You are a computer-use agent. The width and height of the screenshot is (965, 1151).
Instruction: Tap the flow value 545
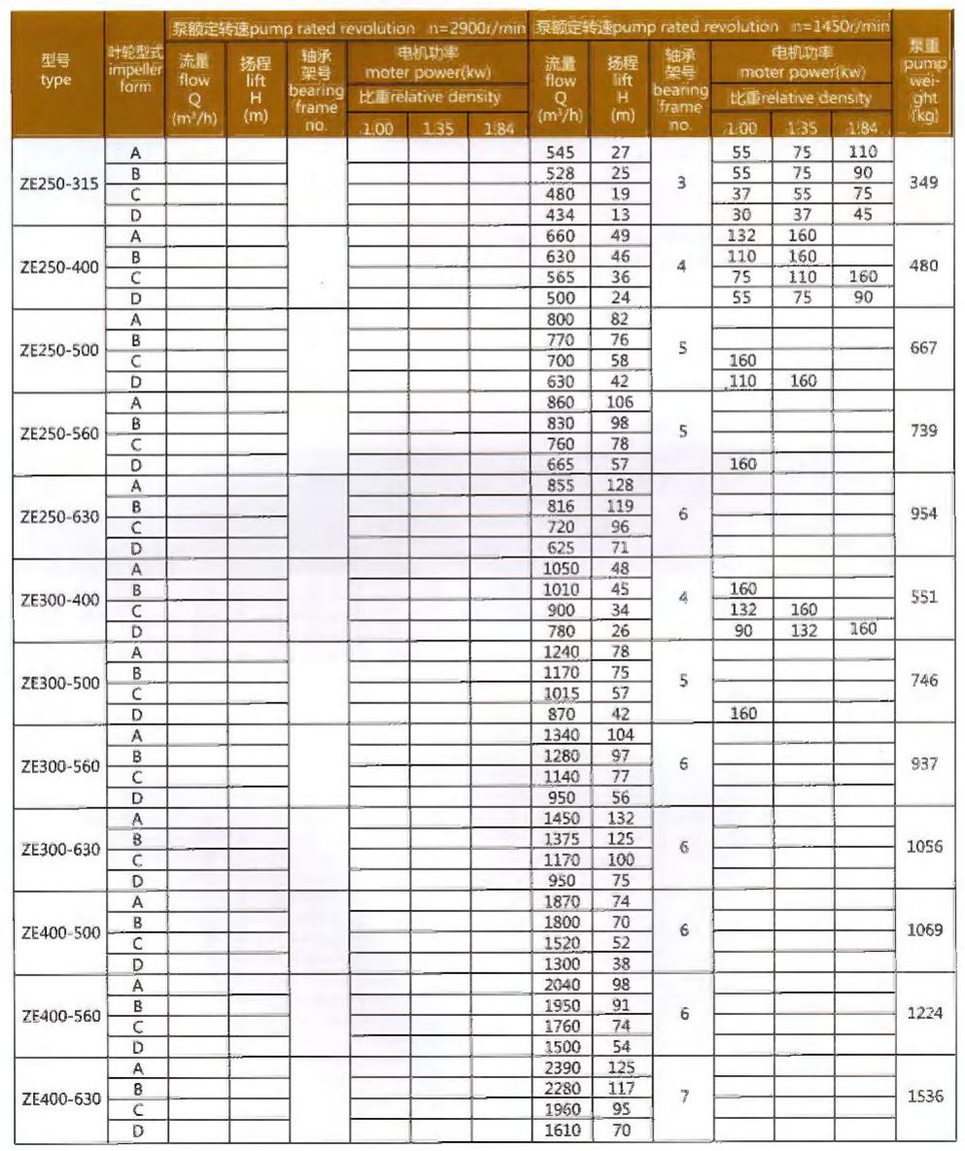(562, 152)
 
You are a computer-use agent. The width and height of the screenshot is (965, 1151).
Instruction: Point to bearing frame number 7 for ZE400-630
(684, 1097)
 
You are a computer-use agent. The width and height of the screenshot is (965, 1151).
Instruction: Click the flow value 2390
(562, 1068)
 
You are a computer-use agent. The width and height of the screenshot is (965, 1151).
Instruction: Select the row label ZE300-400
(59, 599)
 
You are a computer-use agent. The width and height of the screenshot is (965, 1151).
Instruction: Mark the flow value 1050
(562, 568)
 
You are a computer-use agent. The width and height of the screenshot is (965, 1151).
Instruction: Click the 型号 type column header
(55, 72)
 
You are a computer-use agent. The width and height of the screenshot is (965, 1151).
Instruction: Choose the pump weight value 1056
(924, 847)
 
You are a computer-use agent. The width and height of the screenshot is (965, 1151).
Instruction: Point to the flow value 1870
(562, 901)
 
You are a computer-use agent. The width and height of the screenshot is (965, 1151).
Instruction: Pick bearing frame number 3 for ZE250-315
(684, 182)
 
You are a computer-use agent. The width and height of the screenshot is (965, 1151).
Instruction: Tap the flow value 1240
(562, 652)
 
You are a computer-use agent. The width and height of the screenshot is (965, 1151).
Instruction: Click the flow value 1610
(562, 1131)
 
